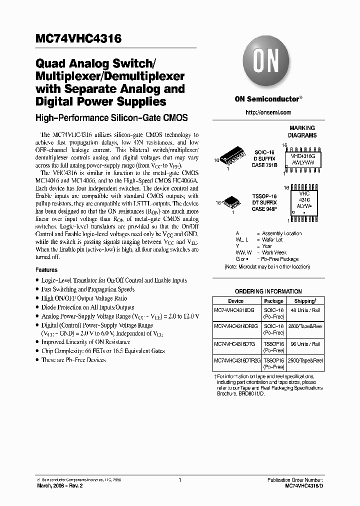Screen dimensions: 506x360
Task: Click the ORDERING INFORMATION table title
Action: [x=268, y=291]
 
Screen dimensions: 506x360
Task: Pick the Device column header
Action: [x=235, y=301]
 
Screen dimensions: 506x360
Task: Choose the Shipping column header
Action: [x=304, y=301]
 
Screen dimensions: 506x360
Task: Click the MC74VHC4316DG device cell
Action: [x=234, y=310]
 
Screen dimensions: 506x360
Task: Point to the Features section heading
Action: [x=46, y=270]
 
